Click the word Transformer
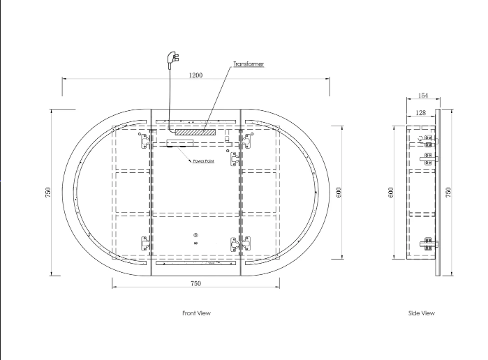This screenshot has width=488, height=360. [x=249, y=64]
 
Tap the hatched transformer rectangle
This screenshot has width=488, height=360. [x=195, y=132]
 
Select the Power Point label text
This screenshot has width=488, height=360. [x=204, y=161]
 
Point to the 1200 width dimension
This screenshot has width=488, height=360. [x=195, y=75]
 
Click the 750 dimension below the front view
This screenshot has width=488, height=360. [x=195, y=283]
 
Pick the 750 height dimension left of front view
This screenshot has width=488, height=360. [x=47, y=193]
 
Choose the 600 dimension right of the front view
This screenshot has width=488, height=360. [x=339, y=193]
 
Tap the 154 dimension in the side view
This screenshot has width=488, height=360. [x=423, y=96]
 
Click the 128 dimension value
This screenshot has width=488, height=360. [x=420, y=112]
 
